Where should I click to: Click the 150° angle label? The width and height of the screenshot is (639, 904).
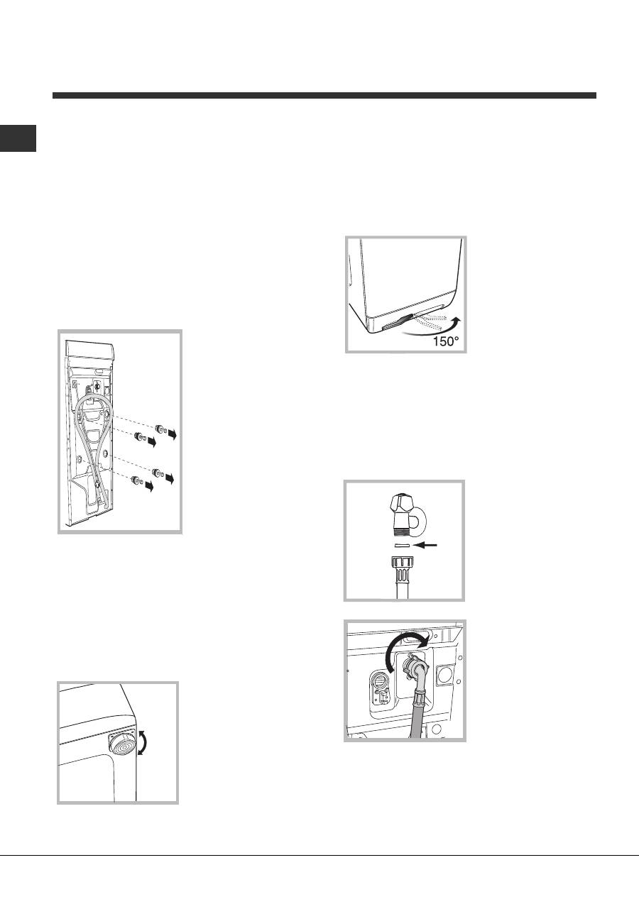coord(446,341)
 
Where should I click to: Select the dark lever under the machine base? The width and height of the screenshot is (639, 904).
coord(397,322)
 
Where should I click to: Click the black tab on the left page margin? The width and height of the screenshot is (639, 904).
coord(18,138)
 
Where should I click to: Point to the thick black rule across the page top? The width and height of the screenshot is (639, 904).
coord(324,96)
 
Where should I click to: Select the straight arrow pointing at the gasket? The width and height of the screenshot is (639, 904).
coord(426,545)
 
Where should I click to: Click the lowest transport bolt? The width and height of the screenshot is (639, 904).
coord(136,480)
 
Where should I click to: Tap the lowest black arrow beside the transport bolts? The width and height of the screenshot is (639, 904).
coord(149,487)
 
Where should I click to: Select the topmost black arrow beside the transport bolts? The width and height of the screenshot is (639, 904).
coord(173,434)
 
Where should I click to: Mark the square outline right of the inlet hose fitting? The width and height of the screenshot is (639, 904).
coord(446,673)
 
